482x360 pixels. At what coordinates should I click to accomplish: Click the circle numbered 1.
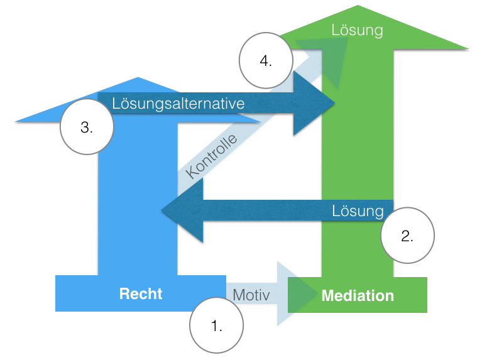pyautogui.click(x=216, y=325)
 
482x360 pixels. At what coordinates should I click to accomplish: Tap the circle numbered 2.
pyautogui.click(x=407, y=235)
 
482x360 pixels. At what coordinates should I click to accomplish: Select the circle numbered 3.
pyautogui.click(x=87, y=127)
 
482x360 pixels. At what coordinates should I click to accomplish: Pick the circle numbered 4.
pyautogui.click(x=266, y=60)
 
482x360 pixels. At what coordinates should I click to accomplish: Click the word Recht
pyautogui.click(x=141, y=293)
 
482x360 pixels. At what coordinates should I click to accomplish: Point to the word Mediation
pyautogui.click(x=358, y=295)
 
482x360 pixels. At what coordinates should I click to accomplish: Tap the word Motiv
pyautogui.click(x=251, y=294)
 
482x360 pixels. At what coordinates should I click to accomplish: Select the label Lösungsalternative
pyautogui.click(x=178, y=103)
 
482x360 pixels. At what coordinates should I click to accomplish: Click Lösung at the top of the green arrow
pyautogui.click(x=358, y=30)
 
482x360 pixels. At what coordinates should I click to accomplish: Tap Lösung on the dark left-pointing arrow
pyautogui.click(x=358, y=210)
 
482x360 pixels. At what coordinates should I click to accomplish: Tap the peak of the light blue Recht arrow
pyautogui.click(x=138, y=79)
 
